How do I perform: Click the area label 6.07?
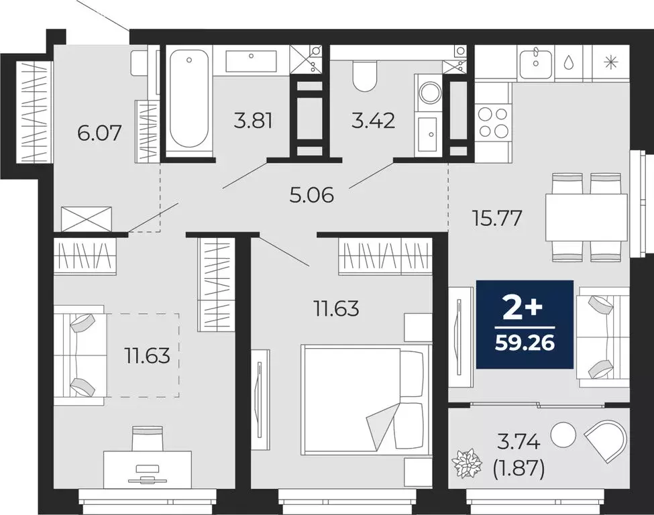coord(99,133)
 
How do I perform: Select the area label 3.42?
coord(372,121)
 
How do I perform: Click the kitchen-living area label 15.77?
coord(496,219)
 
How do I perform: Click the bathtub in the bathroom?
coord(188,101)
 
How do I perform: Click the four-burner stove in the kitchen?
coord(493,122)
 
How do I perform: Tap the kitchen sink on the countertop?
coord(536,62)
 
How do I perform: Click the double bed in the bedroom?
coord(366,397)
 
